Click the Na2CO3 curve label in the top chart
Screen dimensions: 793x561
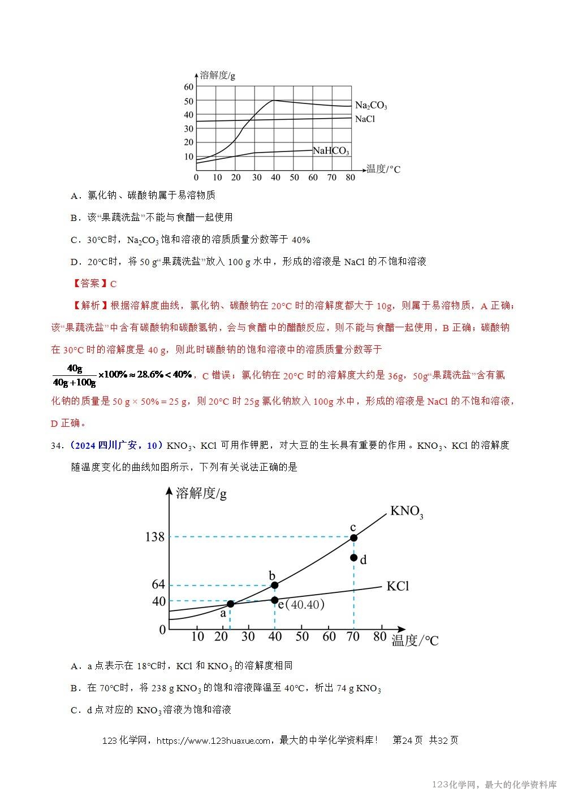371,106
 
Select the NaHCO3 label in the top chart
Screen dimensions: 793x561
331,151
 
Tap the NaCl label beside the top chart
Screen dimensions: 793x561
365,119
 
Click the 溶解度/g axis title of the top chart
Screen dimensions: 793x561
218,75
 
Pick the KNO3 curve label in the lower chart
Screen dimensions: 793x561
407,512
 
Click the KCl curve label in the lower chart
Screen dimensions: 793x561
398,586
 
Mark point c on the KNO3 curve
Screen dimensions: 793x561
353,538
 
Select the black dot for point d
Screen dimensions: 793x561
353,558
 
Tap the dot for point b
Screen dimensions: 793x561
274,585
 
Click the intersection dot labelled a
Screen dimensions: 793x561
230,604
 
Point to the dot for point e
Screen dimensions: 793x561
274,600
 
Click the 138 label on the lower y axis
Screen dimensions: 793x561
154,537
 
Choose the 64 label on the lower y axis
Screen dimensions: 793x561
158,585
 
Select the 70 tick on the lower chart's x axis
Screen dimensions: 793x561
353,636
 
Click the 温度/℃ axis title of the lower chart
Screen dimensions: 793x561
415,640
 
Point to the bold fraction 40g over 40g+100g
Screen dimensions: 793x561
74,375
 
